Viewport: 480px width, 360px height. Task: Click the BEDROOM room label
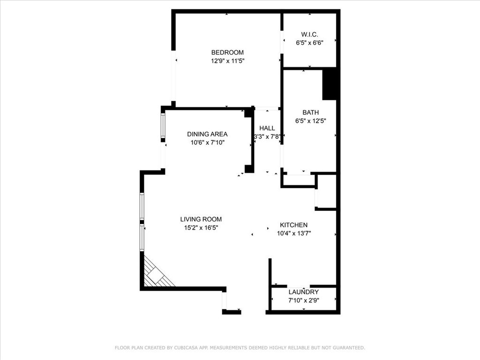pyautogui.click(x=227, y=52)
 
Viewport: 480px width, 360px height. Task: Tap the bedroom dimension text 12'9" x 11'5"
pyautogui.click(x=227, y=61)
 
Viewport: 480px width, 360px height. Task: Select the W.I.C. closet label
pyautogui.click(x=309, y=34)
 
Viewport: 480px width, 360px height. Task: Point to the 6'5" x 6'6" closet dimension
pyautogui.click(x=309, y=43)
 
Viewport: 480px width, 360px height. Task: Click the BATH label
pyautogui.click(x=310, y=112)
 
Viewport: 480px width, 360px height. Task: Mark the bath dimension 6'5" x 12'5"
pyautogui.click(x=310, y=121)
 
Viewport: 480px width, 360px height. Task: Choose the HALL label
pyautogui.click(x=267, y=128)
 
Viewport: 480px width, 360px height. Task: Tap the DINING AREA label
pyautogui.click(x=207, y=134)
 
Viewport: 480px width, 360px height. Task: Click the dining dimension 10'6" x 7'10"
pyautogui.click(x=207, y=142)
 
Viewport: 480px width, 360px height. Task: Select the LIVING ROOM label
pyautogui.click(x=201, y=219)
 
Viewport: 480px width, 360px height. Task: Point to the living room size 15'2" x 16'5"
pyautogui.click(x=201, y=228)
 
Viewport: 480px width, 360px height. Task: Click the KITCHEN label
pyautogui.click(x=293, y=225)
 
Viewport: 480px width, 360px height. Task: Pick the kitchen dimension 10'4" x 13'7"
pyautogui.click(x=294, y=233)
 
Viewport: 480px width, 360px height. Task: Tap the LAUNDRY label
pyautogui.click(x=303, y=292)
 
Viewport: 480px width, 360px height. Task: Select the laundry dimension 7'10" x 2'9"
pyautogui.click(x=303, y=300)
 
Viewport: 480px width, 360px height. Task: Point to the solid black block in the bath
pyautogui.click(x=330, y=83)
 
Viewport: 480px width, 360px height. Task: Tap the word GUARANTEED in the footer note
pyautogui.click(x=348, y=348)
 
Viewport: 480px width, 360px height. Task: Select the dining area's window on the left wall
pyautogui.click(x=163, y=126)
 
